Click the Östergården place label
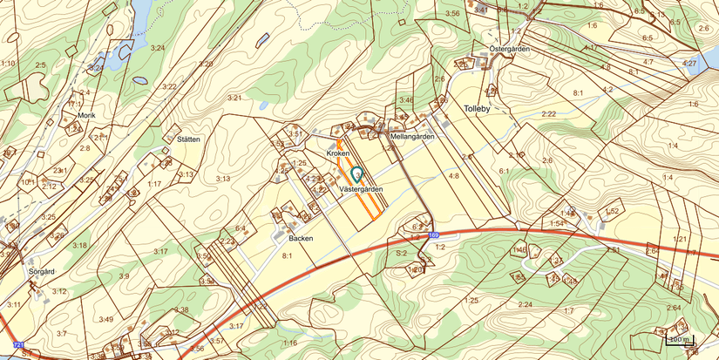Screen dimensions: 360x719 (x=510, y=49)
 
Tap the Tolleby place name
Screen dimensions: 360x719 (x=478, y=109)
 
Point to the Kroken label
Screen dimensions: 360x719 (x=337, y=153)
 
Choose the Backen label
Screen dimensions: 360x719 (x=301, y=237)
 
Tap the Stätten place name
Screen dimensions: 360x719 (x=188, y=139)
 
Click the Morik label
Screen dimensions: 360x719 (x=85, y=115)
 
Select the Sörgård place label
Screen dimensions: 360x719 (x=42, y=271)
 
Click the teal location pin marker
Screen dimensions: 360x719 (x=357, y=173)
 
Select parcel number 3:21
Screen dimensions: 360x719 (x=234, y=98)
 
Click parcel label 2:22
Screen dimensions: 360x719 (x=548, y=113)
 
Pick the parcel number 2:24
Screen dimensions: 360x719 (x=525, y=304)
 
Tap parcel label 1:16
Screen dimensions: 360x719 (x=289, y=343)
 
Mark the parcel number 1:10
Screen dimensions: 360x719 (x=8, y=64)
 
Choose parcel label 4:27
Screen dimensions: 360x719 (x=689, y=64)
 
